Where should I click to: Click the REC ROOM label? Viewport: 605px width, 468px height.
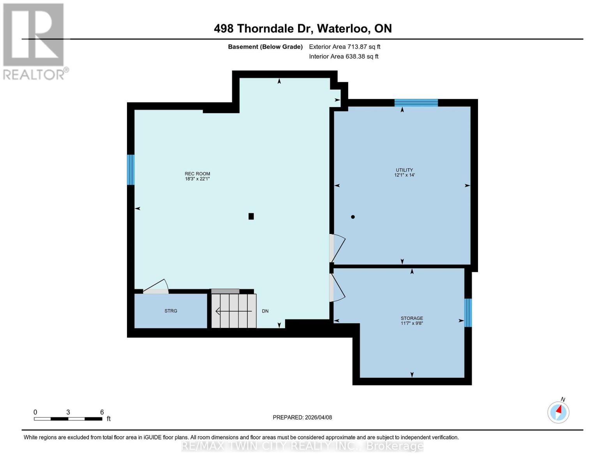197,174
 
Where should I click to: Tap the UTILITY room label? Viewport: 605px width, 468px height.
404,170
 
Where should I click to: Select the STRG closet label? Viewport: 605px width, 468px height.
171,311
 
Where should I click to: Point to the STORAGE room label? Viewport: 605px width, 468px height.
412,318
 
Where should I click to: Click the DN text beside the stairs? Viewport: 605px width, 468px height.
265,311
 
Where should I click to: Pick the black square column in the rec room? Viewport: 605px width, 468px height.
251,216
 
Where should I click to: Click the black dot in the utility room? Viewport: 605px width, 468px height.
353,217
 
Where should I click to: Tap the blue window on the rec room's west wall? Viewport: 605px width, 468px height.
131,170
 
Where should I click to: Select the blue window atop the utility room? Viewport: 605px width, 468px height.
416,103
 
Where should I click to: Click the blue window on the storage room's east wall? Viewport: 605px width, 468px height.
468,313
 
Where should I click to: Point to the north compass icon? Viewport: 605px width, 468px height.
558,413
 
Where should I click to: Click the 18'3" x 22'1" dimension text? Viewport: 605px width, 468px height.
197,179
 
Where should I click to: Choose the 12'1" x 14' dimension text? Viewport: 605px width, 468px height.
404,175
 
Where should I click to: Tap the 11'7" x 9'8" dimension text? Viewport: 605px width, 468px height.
412,323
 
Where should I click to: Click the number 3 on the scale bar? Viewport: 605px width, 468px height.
68,412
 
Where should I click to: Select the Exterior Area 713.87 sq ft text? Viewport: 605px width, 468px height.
344,47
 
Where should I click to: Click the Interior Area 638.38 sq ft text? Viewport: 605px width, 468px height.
344,57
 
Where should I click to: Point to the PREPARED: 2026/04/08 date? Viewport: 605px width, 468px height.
302,418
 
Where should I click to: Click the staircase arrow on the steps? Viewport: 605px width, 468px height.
234,311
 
